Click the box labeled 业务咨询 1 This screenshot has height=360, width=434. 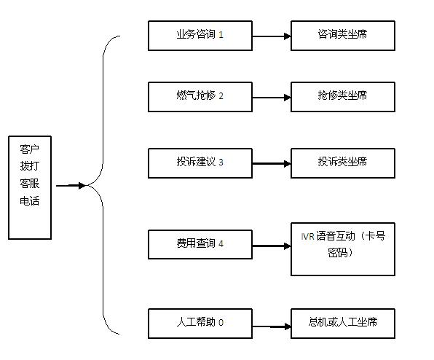point(200,36)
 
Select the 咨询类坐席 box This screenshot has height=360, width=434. point(343,36)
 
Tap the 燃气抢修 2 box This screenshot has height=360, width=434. point(200,97)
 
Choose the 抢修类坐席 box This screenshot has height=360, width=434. point(343,97)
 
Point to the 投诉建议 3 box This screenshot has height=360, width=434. point(200,163)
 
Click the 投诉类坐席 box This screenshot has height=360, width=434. point(343,163)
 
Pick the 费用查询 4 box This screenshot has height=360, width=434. point(200,245)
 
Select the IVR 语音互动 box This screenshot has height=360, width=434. point(343,249)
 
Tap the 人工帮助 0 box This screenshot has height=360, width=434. point(200,324)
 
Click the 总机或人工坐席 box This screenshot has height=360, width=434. point(343,324)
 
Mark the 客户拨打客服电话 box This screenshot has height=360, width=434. point(30,187)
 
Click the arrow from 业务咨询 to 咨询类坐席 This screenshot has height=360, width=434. point(272,36)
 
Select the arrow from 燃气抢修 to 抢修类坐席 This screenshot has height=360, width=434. point(272,98)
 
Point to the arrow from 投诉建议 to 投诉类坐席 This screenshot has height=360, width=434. point(272,164)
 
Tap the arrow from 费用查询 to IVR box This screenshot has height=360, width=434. point(272,246)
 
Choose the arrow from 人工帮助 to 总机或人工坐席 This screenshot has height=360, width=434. point(272,326)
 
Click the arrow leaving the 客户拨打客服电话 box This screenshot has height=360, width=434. point(71,186)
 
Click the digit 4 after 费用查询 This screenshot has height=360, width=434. point(221,243)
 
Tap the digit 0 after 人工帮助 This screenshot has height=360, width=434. point(221,322)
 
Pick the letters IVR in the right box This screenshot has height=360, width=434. point(307,237)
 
